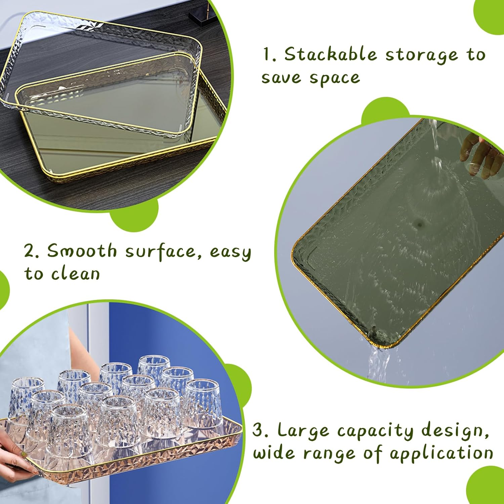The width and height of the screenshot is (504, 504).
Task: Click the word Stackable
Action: (x=331, y=54)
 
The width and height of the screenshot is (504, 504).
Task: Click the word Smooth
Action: (x=82, y=251)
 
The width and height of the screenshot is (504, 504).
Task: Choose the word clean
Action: (x=76, y=274)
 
